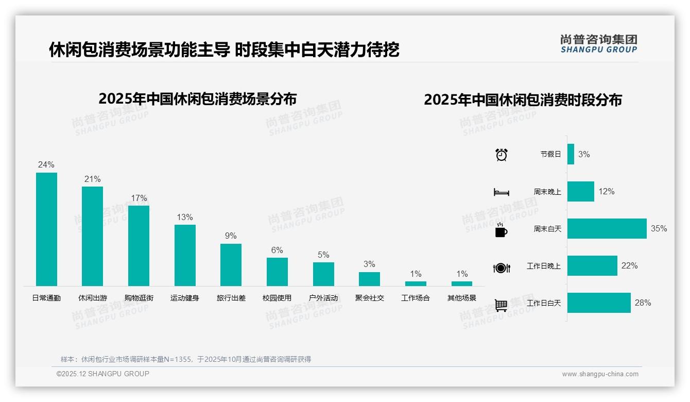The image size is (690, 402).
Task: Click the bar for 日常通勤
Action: point(46,229)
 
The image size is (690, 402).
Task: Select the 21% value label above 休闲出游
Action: point(93,179)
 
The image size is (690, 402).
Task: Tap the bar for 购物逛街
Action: point(139,245)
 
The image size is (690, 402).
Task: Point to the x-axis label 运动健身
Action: point(184,298)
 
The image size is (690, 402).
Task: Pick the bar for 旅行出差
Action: point(231,264)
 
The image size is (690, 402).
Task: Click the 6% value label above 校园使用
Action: point(277,250)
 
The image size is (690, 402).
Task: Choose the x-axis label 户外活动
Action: point(323,298)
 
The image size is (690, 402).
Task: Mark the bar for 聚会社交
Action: point(369,279)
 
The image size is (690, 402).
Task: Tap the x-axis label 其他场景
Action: point(462,298)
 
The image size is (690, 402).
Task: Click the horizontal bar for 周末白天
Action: point(607,228)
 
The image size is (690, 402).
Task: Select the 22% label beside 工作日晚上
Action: point(629,265)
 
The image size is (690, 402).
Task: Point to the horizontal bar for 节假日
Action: point(571,154)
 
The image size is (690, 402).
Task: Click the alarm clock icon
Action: point(502,155)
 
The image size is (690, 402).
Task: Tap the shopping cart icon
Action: point(501,305)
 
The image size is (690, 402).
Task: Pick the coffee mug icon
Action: point(501,230)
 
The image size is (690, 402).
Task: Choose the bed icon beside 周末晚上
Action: point(501,192)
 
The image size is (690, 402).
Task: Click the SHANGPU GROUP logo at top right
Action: point(599,44)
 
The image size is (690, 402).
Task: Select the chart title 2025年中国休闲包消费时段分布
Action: point(523,99)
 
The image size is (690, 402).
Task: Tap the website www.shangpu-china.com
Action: point(600,374)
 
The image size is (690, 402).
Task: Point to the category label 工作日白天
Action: point(544,303)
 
